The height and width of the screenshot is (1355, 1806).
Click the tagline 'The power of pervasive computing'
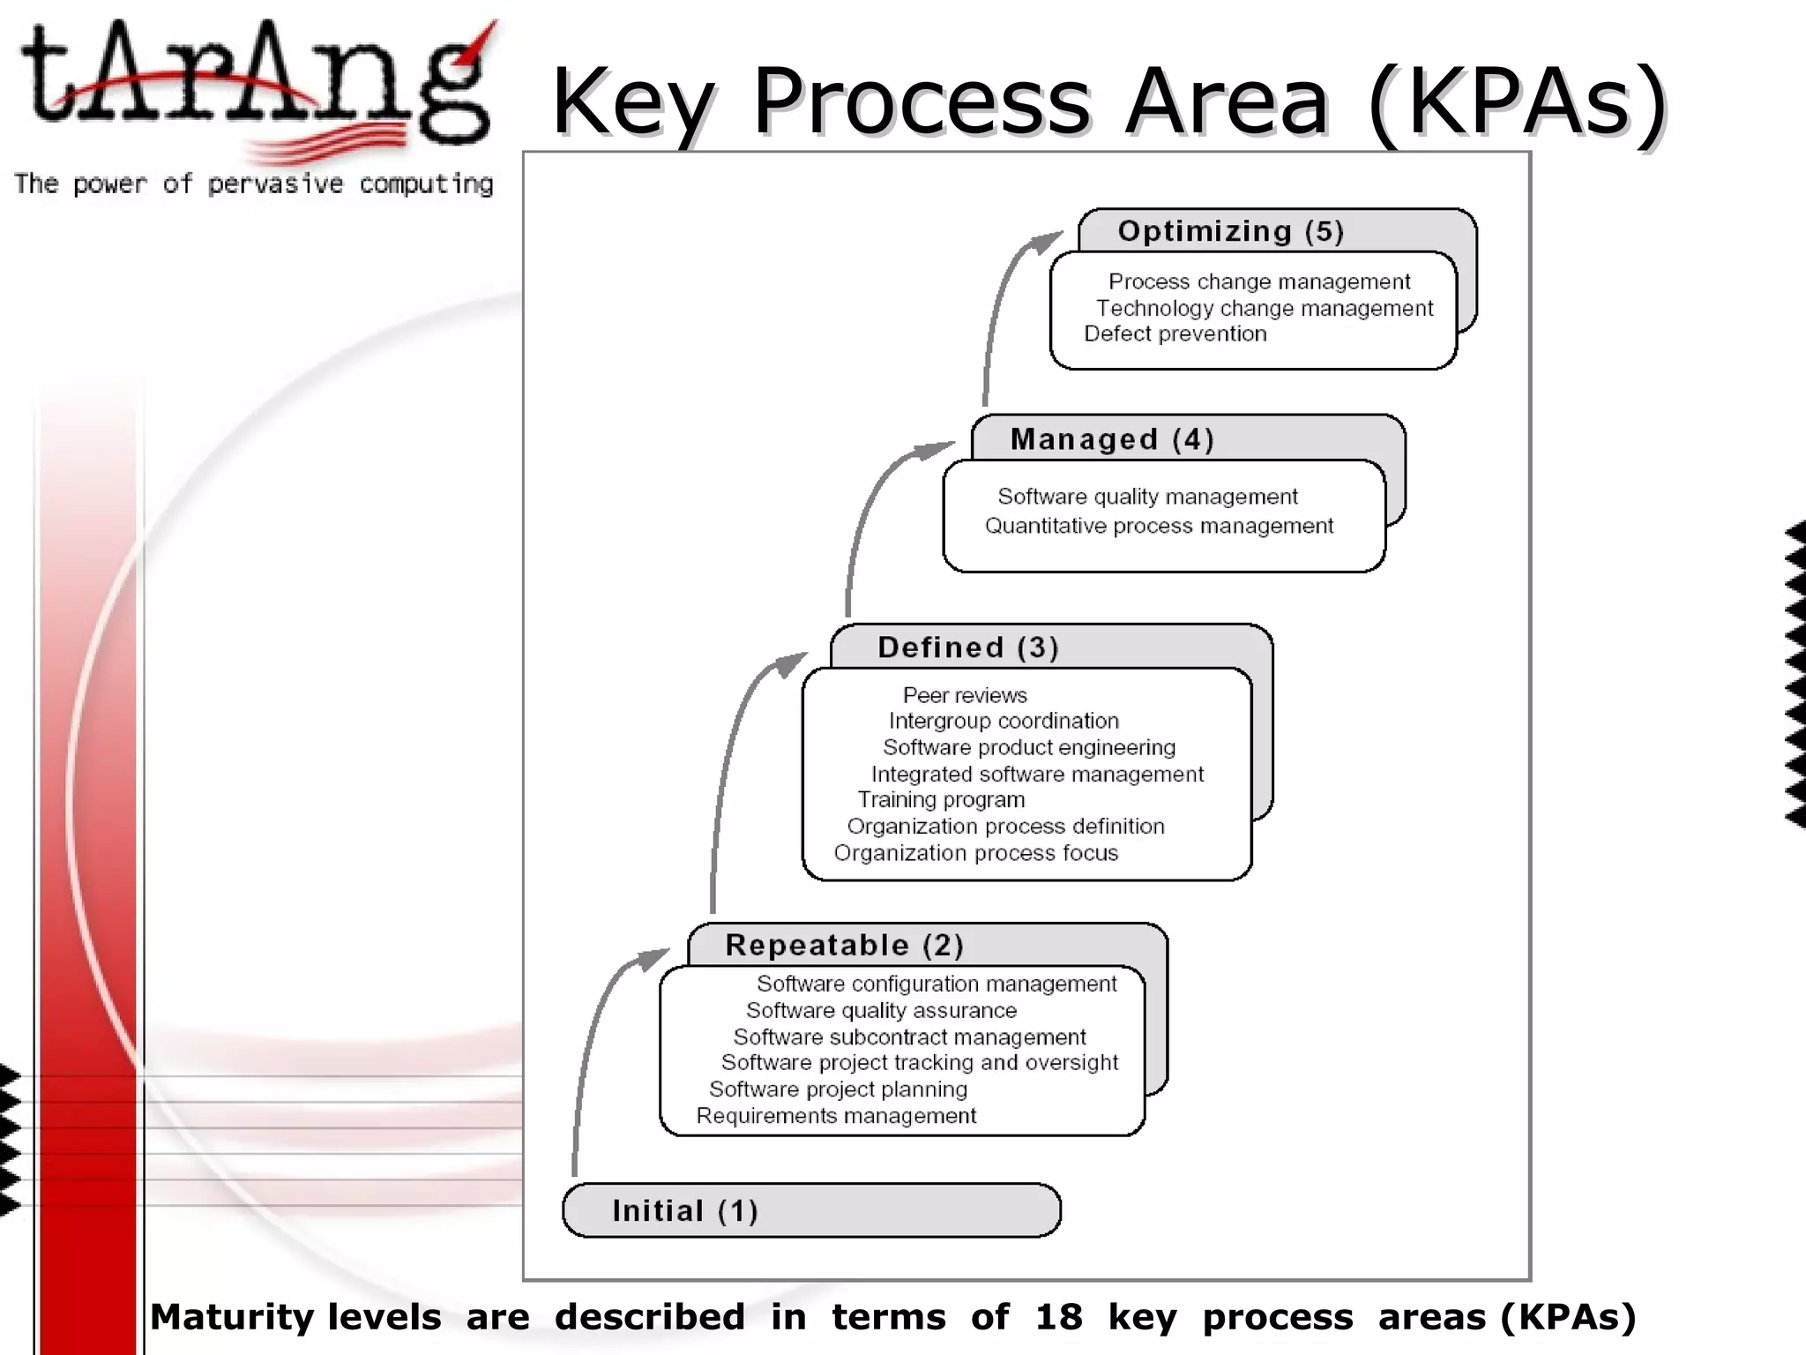(x=254, y=184)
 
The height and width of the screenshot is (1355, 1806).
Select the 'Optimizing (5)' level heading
(x=1230, y=231)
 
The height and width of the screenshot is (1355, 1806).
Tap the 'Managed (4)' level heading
(x=1112, y=439)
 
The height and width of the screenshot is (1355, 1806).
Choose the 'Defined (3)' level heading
(x=967, y=648)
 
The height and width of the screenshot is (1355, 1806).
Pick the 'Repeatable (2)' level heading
(x=844, y=946)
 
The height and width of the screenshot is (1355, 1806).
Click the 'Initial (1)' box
(x=810, y=1210)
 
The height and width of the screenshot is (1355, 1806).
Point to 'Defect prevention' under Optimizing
(x=1175, y=334)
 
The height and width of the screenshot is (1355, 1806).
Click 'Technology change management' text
(x=1264, y=309)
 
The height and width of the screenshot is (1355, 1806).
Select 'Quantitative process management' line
(x=1159, y=527)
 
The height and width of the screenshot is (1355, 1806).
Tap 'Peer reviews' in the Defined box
(x=965, y=695)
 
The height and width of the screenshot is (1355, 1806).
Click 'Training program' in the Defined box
(x=941, y=800)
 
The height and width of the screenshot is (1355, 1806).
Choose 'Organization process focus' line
(x=975, y=853)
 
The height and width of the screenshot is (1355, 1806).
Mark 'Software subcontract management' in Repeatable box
(x=909, y=1037)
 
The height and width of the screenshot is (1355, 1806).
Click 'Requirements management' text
(x=836, y=1116)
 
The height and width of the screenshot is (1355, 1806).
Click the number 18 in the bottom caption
(x=1058, y=1317)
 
